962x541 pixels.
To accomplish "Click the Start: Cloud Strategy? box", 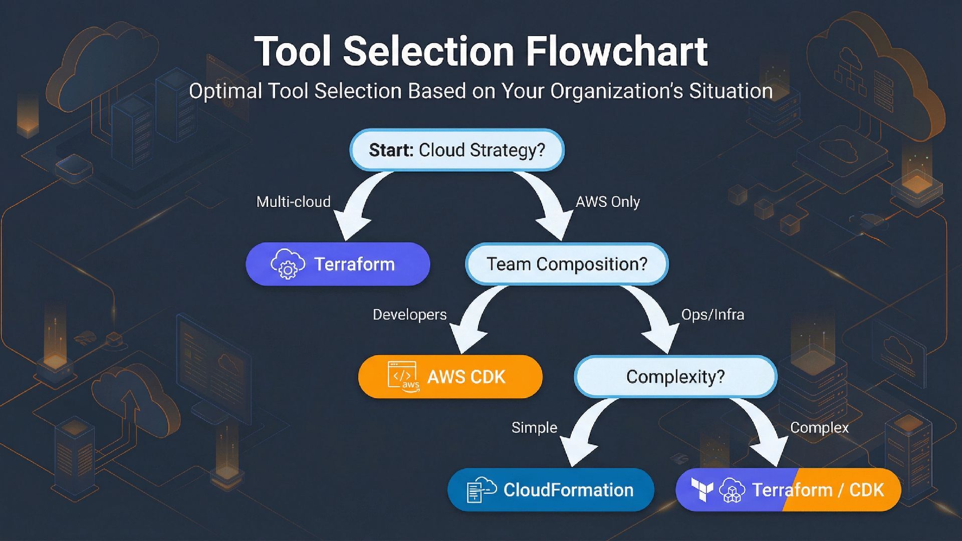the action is (x=456, y=150).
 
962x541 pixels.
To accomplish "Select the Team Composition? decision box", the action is (x=567, y=264).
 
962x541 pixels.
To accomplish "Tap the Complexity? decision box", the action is (x=675, y=377).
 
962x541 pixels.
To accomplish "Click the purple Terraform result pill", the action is (x=338, y=264).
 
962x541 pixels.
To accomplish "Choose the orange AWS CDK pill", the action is (x=450, y=377).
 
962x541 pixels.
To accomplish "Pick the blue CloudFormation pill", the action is (x=550, y=489).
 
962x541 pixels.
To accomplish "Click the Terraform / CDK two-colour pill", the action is (x=788, y=489).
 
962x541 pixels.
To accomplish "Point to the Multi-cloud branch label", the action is (x=293, y=202).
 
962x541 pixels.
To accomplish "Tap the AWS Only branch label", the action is (x=607, y=202).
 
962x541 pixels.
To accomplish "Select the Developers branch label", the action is (x=409, y=315).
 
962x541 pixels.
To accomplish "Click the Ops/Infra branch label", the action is (x=712, y=315).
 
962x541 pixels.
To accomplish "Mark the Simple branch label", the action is (x=534, y=427).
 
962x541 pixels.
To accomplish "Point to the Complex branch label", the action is (x=819, y=427).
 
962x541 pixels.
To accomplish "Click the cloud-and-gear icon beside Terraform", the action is (x=288, y=264).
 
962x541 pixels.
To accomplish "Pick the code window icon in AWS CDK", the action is (x=402, y=376).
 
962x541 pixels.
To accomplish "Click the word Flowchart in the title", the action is (x=617, y=51).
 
